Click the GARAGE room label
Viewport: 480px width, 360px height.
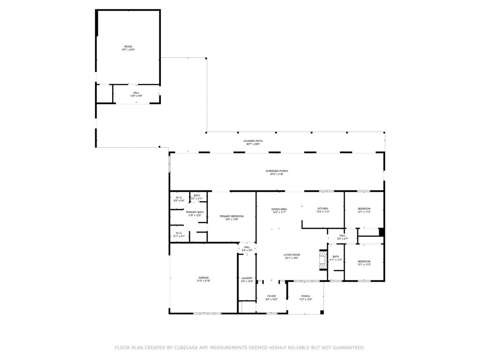point(203,277)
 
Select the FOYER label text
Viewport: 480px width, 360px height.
point(271,296)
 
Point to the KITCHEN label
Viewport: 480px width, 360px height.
point(322,208)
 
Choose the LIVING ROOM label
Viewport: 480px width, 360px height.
point(292,255)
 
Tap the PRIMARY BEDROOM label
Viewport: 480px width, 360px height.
point(232,216)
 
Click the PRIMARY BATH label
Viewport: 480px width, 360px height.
point(195,212)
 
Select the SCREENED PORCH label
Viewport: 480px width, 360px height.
point(277,171)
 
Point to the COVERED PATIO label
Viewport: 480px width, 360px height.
point(253,141)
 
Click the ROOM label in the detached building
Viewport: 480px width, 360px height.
point(128,46)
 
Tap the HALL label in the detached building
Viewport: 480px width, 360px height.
point(136,93)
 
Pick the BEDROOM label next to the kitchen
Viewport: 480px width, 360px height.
point(364,209)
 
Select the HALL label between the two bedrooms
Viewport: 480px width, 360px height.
point(342,236)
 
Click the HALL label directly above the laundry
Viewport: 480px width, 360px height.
point(247,247)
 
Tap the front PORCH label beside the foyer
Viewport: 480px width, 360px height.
point(306,296)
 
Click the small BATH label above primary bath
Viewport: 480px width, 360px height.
point(197,195)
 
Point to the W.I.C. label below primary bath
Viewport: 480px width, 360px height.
point(179,233)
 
